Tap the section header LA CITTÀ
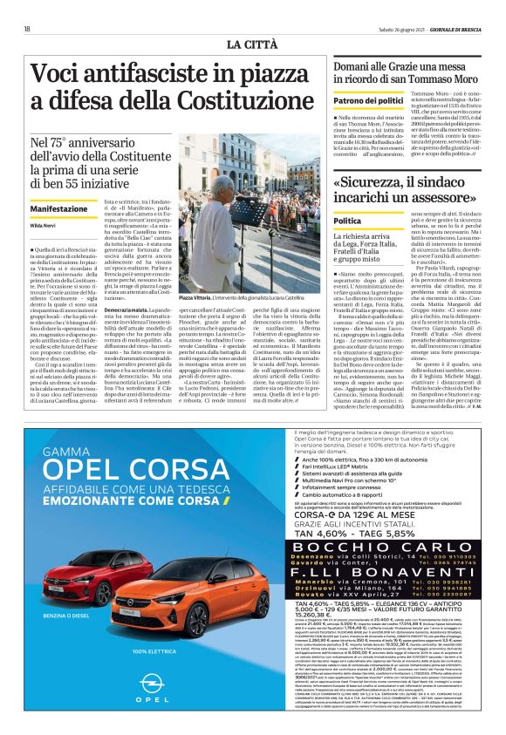[253, 44]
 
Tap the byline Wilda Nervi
[44, 225]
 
